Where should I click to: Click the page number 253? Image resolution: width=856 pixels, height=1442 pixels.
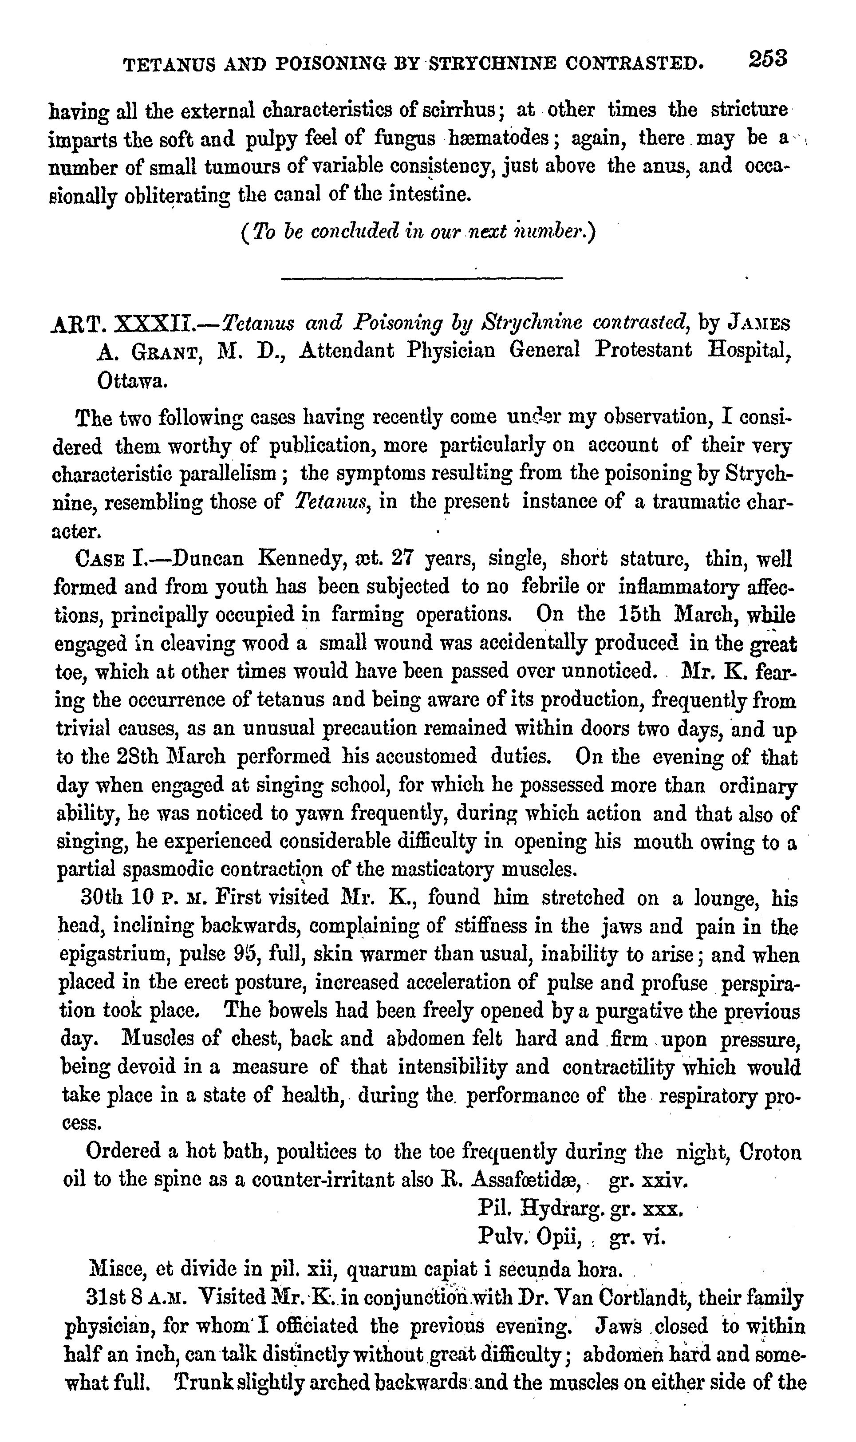coord(768,59)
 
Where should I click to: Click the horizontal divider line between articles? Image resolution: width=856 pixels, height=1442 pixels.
coord(421,280)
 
